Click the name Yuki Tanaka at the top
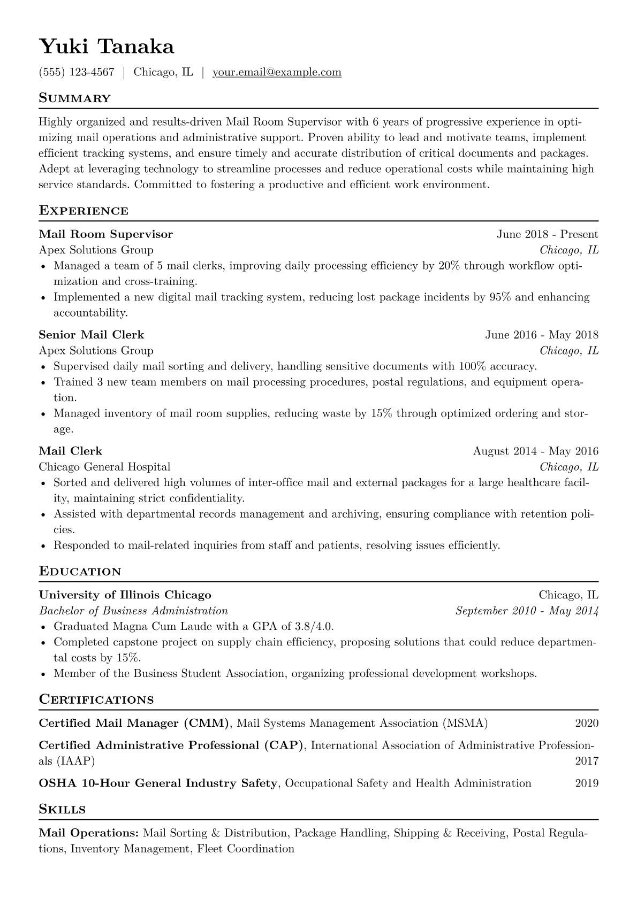click(x=107, y=47)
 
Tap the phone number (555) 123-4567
click(x=77, y=72)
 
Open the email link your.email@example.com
click(x=277, y=72)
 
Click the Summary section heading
click(x=74, y=98)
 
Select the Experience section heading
click(x=84, y=211)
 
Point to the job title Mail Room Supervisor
click(x=106, y=234)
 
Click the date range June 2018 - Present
click(x=547, y=234)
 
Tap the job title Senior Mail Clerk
click(x=92, y=335)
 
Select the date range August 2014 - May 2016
click(x=535, y=451)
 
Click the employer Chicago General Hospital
click(x=104, y=467)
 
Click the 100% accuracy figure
click(x=469, y=367)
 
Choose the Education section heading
click(x=80, y=572)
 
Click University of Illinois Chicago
click(x=125, y=595)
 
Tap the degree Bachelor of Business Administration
click(x=133, y=611)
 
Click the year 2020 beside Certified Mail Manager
click(x=587, y=724)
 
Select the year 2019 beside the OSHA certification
click(x=587, y=783)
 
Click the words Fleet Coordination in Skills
click(x=246, y=849)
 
